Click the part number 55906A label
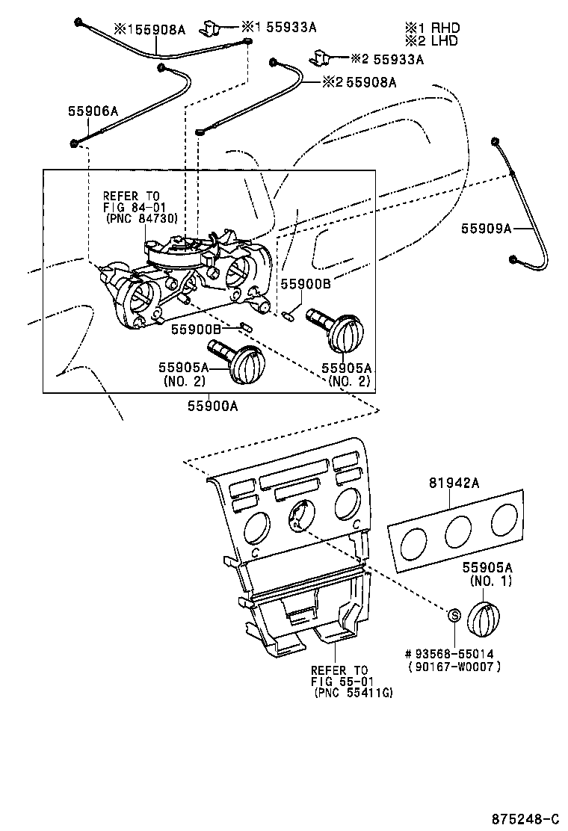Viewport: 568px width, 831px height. pyautogui.click(x=93, y=111)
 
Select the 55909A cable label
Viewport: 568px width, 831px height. pyautogui.click(x=487, y=229)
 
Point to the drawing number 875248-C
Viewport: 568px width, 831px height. pyautogui.click(x=525, y=818)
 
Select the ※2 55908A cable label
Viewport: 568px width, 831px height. pyautogui.click(x=359, y=81)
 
